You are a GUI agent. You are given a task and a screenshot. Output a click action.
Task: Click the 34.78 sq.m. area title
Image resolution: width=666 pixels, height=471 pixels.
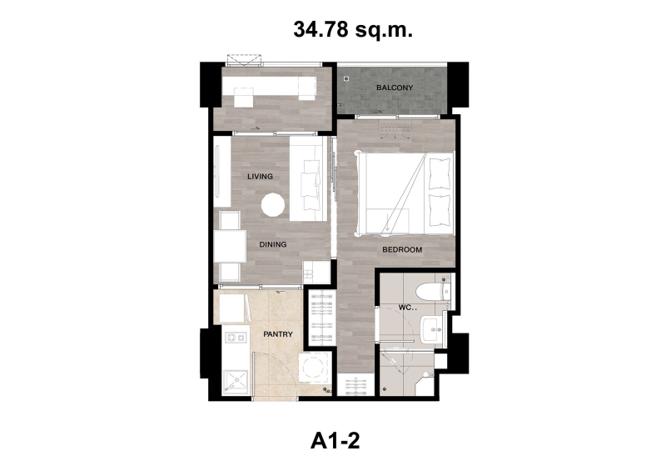352,30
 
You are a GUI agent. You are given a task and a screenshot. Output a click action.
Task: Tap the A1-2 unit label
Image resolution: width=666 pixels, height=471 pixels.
335,441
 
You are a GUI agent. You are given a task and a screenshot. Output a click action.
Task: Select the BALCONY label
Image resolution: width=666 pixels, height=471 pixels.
395,88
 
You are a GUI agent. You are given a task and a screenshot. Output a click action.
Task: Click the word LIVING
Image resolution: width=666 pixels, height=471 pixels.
260,176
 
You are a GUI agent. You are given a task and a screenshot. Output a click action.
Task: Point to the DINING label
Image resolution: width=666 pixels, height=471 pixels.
273,244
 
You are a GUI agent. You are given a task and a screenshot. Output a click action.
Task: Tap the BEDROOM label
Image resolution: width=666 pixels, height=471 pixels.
402,250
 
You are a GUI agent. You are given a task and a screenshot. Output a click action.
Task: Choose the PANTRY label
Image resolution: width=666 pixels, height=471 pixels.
278,334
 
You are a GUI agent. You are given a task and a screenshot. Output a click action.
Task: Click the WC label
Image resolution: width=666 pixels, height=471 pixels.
405,308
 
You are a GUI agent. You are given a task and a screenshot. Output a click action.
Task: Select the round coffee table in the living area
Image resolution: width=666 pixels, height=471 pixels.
273,205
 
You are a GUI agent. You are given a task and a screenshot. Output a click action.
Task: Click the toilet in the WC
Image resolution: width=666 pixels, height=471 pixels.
433,292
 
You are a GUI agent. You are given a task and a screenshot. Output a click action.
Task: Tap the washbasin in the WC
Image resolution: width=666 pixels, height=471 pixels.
432,329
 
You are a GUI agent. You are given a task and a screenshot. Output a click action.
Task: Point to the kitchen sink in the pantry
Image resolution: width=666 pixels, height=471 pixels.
235,382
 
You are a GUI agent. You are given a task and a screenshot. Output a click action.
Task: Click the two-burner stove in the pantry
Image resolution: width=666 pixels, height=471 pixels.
236,338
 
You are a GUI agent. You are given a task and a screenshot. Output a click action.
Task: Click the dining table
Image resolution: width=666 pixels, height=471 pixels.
230,246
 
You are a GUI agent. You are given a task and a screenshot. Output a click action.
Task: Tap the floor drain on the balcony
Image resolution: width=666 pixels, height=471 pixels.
346,78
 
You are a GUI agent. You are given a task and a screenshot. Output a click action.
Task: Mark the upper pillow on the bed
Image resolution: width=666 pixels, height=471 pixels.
440,173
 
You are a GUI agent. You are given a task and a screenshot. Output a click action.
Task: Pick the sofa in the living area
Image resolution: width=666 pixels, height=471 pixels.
309,178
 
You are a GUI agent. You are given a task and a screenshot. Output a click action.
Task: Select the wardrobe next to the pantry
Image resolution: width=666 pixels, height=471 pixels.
321,318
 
